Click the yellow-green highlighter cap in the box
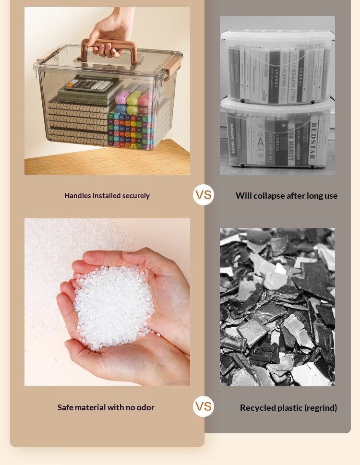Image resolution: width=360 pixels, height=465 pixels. click(x=134, y=98)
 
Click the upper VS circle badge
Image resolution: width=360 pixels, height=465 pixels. click(x=204, y=195)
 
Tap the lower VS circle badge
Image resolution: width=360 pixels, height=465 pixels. click(x=204, y=406)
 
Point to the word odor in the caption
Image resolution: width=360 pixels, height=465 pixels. click(x=145, y=407)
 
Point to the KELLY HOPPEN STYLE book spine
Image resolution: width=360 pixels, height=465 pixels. click(x=293, y=76)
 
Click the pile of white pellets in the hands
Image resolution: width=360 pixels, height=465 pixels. click(x=114, y=308)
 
